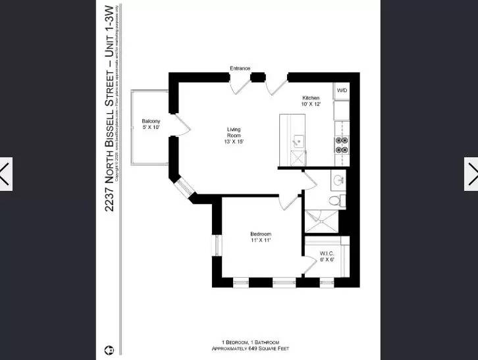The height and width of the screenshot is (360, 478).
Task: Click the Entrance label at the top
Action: click(x=239, y=68)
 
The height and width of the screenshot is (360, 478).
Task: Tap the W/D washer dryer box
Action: click(x=342, y=90)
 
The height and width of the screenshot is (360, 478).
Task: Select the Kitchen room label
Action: click(x=311, y=98)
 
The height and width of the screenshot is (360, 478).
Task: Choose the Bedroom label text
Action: click(x=260, y=234)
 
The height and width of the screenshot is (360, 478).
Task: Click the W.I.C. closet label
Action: click(x=327, y=253)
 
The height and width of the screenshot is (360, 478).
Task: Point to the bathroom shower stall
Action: click(x=323, y=222)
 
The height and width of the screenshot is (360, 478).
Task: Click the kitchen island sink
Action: click(x=297, y=140)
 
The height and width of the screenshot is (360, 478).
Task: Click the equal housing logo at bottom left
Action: click(x=108, y=349)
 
